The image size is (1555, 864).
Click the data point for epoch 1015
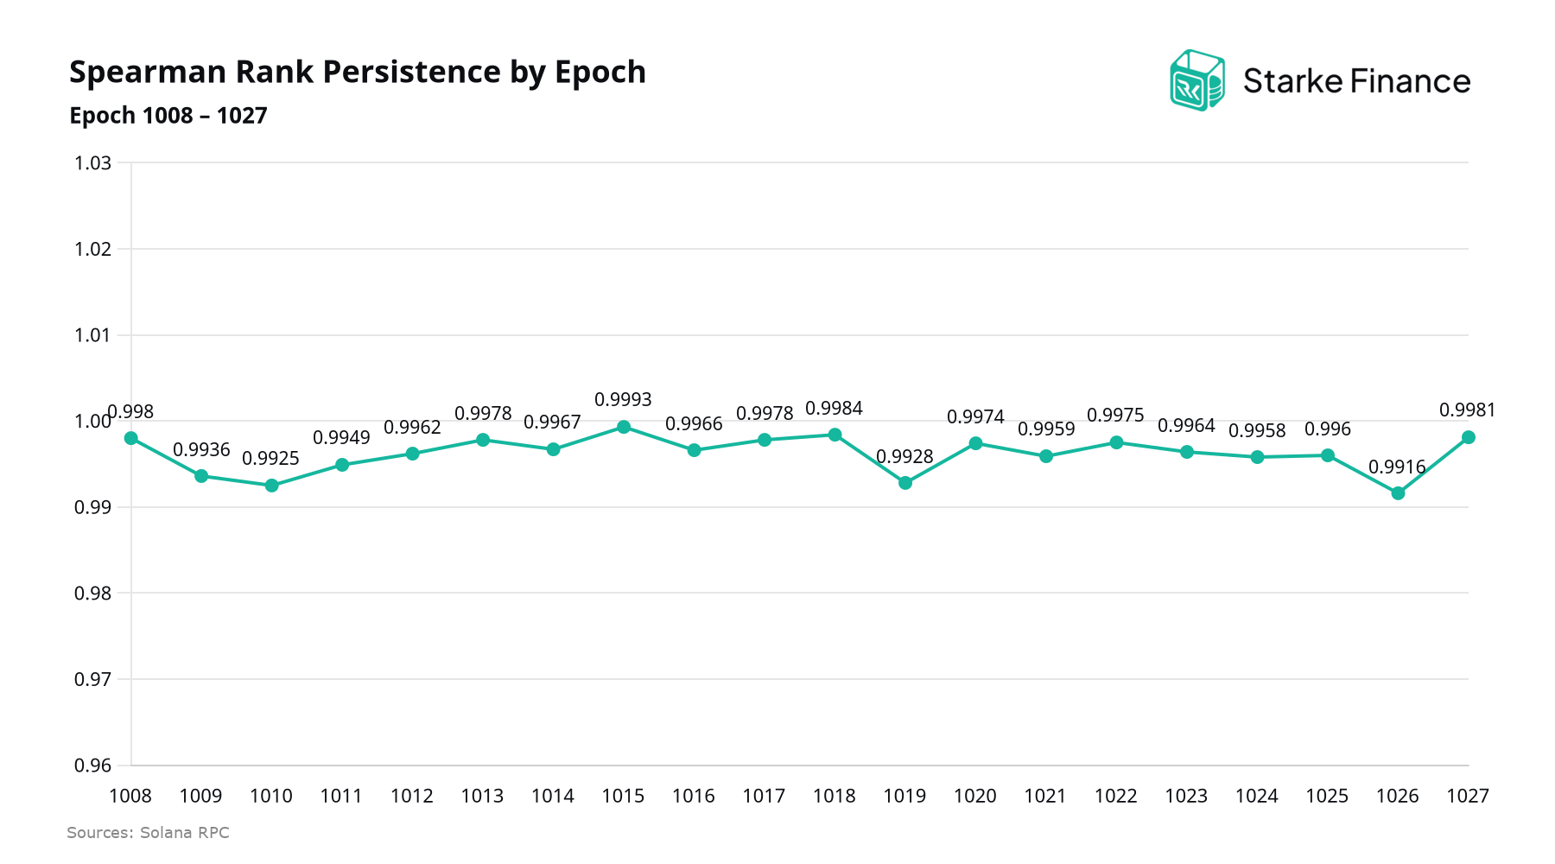tap(624, 427)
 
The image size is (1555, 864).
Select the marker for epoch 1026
tap(1398, 493)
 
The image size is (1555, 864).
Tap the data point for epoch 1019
tap(905, 483)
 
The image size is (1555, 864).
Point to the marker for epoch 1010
tap(271, 486)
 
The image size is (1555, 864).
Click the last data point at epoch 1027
tap(1468, 437)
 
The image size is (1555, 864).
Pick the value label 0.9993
tap(623, 400)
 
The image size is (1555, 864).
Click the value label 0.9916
tap(1397, 467)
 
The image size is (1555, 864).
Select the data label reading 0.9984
tap(834, 409)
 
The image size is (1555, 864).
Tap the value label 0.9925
tap(270, 459)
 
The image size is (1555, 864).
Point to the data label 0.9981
tap(1467, 410)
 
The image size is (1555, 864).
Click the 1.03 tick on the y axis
tap(93, 163)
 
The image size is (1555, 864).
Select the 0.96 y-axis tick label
tap(93, 766)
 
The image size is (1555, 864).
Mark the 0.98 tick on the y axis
tap(93, 594)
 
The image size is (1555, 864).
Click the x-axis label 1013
tap(482, 796)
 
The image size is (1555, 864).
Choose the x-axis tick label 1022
tap(1116, 796)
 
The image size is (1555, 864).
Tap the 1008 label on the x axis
tap(130, 796)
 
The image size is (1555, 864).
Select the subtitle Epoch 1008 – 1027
tap(168, 116)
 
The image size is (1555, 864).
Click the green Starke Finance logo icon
tap(1196, 80)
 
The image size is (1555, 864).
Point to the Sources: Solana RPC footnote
tap(148, 833)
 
